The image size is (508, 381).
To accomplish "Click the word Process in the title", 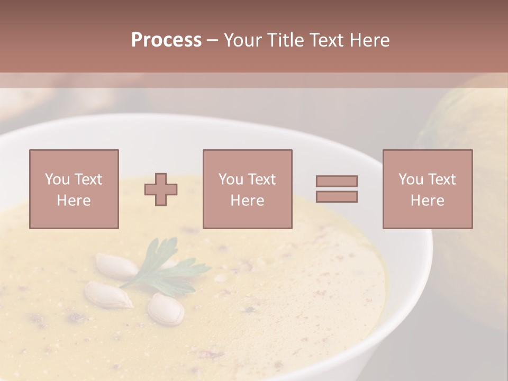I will coord(166,40).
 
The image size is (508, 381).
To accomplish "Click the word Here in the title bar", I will coord(371,40).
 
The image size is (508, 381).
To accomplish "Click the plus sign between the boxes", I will coord(161,189).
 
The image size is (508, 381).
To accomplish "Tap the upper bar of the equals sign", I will coord(337,181).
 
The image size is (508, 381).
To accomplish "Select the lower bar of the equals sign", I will coord(337,197).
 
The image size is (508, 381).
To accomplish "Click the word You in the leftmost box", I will coord(57,179).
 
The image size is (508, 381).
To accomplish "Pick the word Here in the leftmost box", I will coord(74,201).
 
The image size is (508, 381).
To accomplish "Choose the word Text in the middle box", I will coord(261,179).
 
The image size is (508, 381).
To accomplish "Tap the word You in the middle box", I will coord(231,179).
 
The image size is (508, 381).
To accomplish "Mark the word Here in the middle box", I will coord(247,201).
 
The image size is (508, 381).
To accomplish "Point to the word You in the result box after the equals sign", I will coord(411,179).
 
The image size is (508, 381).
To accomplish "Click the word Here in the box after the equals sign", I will coord(427,201).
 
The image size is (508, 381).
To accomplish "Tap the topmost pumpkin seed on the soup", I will coord(115,266).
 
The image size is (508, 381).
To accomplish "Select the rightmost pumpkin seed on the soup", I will coord(166,309).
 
